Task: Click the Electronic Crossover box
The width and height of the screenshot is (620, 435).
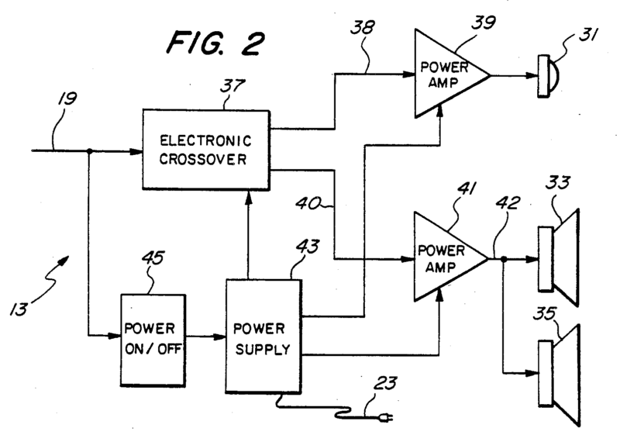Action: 205,150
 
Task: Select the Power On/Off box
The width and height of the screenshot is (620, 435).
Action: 152,339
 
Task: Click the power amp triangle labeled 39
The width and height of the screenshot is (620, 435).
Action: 443,74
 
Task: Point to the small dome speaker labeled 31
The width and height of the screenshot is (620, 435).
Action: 546,75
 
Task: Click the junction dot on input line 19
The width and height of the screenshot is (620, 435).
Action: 91,150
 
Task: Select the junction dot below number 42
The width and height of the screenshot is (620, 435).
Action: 504,260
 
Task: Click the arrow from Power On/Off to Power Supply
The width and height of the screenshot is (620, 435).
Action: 205,338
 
